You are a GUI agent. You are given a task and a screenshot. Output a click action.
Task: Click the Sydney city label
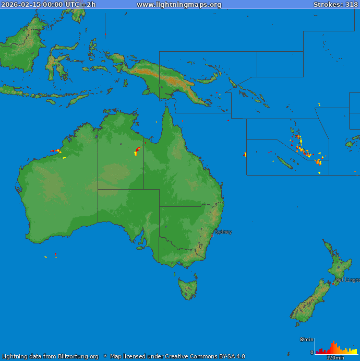pyautogui.click(x=223, y=232)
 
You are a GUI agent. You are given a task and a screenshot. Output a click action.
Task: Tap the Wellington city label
pyautogui.click(x=347, y=280)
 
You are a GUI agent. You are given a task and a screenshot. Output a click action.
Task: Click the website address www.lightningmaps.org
pyautogui.click(x=179, y=5)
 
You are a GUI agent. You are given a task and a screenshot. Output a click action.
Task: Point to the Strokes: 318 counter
pyautogui.click(x=335, y=5)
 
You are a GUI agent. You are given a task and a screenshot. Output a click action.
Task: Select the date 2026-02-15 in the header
pyautogui.click(x=21, y=5)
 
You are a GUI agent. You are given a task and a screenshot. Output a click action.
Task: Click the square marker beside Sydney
pyautogui.click(x=212, y=236)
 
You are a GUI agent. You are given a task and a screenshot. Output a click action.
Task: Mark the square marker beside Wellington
pyautogui.click(x=333, y=284)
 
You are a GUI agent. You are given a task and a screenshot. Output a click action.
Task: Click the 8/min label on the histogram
pyautogui.click(x=307, y=340)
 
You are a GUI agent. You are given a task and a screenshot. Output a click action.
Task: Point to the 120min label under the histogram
pyautogui.click(x=335, y=358)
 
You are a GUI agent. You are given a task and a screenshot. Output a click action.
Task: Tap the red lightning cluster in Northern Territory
pyautogui.click(x=137, y=150)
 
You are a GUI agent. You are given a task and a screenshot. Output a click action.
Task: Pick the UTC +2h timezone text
pyautogui.click(x=80, y=5)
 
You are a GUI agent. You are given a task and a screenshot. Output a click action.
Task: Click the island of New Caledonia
pyautogui.click(x=284, y=164)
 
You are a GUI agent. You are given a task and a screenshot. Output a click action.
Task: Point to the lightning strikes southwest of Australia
pyautogui.click(x=55, y=255)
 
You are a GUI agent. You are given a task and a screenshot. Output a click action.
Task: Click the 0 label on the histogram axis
pyautogui.click(x=312, y=353)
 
